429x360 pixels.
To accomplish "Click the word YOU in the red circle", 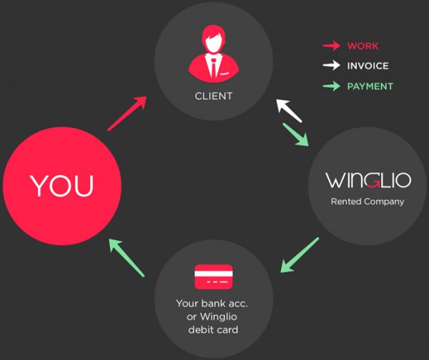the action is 61,186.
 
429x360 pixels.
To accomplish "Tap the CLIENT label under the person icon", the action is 214,96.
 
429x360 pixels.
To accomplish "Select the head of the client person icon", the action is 213,39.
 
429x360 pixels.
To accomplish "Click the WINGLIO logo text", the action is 368,180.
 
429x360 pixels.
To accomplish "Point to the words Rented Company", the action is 368,201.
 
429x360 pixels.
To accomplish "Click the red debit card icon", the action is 214,276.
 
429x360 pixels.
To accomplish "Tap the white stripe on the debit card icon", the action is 214,274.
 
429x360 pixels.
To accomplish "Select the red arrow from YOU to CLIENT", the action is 127,114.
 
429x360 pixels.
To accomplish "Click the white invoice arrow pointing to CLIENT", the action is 289,111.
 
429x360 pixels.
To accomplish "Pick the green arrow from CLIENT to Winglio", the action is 296,134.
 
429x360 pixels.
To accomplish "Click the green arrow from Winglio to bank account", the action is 300,255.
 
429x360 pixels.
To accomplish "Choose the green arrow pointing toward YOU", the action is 127,258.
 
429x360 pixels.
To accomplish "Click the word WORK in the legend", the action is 363,46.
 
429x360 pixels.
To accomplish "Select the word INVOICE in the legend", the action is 368,66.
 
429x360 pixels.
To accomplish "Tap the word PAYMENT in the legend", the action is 370,86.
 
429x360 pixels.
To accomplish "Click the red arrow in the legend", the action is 332,46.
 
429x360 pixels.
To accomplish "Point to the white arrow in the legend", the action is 332,65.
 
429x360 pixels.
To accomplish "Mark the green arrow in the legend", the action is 332,86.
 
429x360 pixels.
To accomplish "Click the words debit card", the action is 213,330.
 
